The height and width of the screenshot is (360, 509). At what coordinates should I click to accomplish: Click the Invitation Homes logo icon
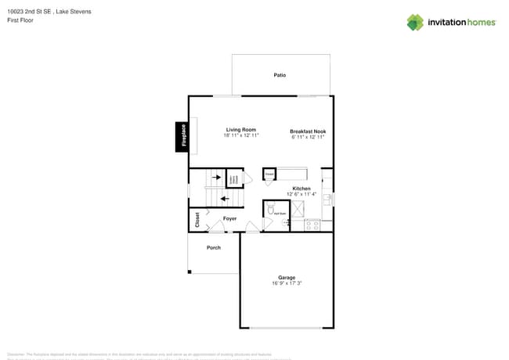[x=415, y=23]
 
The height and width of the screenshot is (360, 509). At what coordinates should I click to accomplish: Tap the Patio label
[x=280, y=75]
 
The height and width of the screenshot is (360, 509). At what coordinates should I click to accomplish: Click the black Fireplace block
[x=182, y=136]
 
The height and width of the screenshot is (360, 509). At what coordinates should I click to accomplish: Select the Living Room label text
[x=241, y=130]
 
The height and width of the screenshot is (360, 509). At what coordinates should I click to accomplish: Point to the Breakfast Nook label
[x=308, y=131]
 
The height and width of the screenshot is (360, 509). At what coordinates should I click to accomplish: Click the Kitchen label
[x=301, y=189]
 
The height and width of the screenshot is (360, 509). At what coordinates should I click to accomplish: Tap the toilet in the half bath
[x=271, y=210]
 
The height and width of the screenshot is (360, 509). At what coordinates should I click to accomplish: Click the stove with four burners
[x=312, y=225]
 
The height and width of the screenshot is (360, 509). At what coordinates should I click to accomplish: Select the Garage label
[x=287, y=277]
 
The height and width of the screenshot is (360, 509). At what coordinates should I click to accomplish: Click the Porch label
[x=213, y=247]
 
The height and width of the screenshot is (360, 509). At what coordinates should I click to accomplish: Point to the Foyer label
[x=229, y=218]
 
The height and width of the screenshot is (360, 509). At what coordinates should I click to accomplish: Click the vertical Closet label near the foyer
[x=197, y=220]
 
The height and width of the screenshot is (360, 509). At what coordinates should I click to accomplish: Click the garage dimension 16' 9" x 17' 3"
[x=287, y=283]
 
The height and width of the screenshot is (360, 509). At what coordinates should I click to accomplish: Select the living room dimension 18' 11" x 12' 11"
[x=241, y=135]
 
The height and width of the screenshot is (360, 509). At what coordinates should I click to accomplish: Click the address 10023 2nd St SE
[x=30, y=12]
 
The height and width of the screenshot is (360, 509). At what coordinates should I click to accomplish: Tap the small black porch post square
[x=190, y=272]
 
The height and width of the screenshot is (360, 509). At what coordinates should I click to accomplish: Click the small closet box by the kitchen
[x=269, y=175]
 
